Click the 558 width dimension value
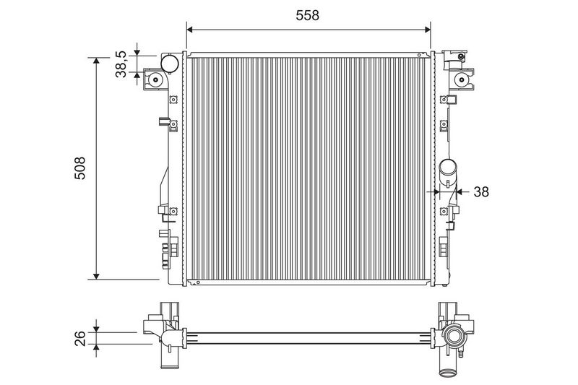point(308,15)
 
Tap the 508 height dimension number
point(79,168)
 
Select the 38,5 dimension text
point(121,64)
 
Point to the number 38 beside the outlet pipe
point(481,191)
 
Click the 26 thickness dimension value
point(80,339)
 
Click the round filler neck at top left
point(170,64)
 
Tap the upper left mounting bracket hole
point(155,80)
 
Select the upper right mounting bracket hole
point(461,79)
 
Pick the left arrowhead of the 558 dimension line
point(190,30)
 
